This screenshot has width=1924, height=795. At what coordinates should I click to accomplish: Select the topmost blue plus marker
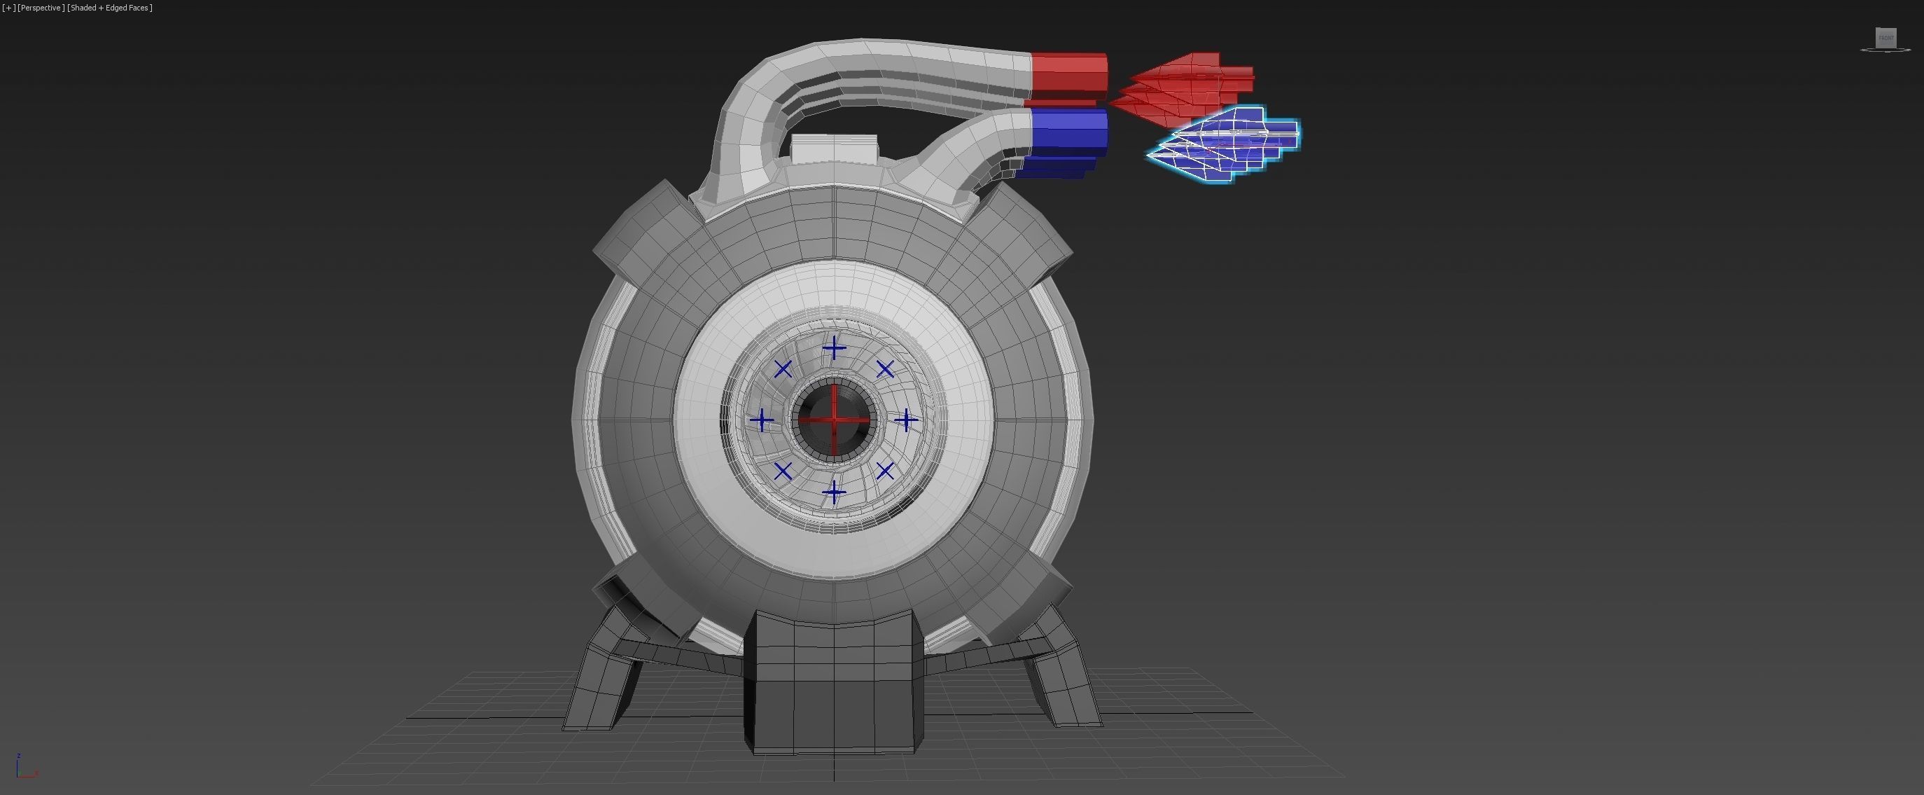click(835, 349)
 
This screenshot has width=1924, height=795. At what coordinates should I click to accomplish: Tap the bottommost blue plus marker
click(835, 492)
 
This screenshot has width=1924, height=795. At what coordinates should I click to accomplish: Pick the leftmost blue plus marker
click(762, 420)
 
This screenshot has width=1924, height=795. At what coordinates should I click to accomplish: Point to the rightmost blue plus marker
click(906, 421)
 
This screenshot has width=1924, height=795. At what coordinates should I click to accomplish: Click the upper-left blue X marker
click(783, 369)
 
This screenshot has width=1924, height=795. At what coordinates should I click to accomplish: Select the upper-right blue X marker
click(885, 369)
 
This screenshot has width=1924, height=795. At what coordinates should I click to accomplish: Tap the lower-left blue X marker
click(783, 471)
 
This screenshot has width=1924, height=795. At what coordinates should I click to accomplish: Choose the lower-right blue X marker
click(885, 471)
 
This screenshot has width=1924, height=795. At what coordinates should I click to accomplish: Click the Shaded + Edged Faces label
click(110, 8)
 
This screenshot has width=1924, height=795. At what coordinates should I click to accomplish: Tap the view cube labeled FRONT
click(1886, 38)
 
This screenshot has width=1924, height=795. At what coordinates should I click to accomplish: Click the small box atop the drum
click(834, 149)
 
